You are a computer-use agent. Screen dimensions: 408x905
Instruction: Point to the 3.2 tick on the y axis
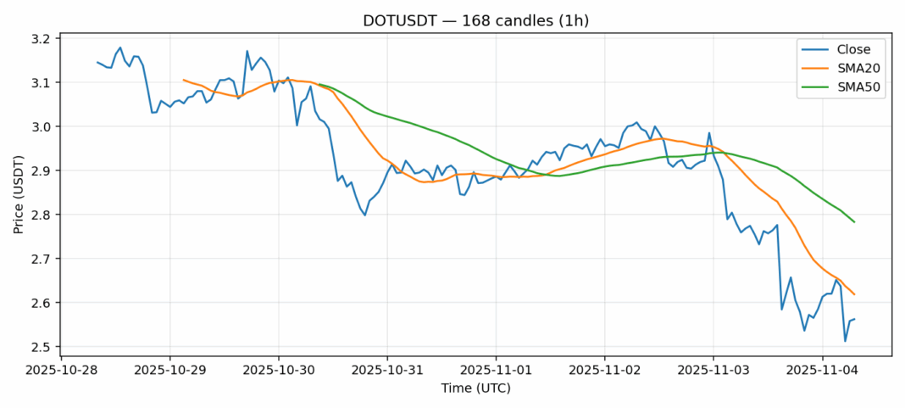42,39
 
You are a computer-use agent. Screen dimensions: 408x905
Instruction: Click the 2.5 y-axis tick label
42,347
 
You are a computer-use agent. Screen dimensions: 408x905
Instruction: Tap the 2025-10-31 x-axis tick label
387,370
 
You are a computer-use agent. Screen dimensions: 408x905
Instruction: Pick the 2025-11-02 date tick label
604,370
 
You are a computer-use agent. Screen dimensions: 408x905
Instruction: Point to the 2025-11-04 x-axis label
821,370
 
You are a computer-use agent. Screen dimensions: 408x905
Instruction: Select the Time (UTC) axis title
475,388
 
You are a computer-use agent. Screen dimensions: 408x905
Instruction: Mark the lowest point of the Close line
845,341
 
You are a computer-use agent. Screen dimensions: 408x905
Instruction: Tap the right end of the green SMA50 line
854,222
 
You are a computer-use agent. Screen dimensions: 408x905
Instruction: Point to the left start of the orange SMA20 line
184,80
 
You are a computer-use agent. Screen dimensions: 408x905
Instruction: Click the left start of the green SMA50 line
319,84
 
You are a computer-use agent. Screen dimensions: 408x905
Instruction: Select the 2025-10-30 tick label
279,370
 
